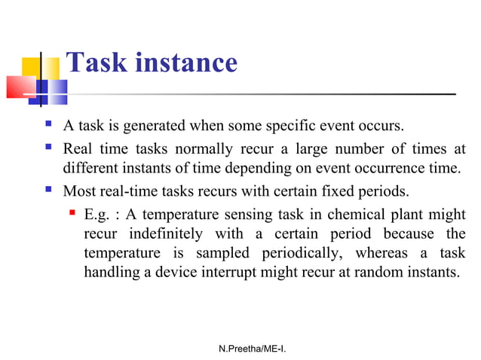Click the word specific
coord(299,124)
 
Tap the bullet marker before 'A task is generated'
coord(50,124)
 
